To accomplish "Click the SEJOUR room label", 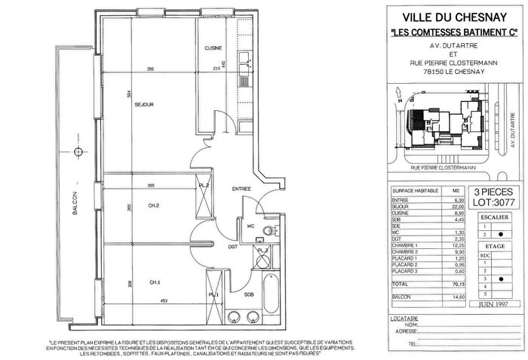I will (144, 105).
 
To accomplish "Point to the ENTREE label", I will (241, 188).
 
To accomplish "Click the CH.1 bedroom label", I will (154, 282).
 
